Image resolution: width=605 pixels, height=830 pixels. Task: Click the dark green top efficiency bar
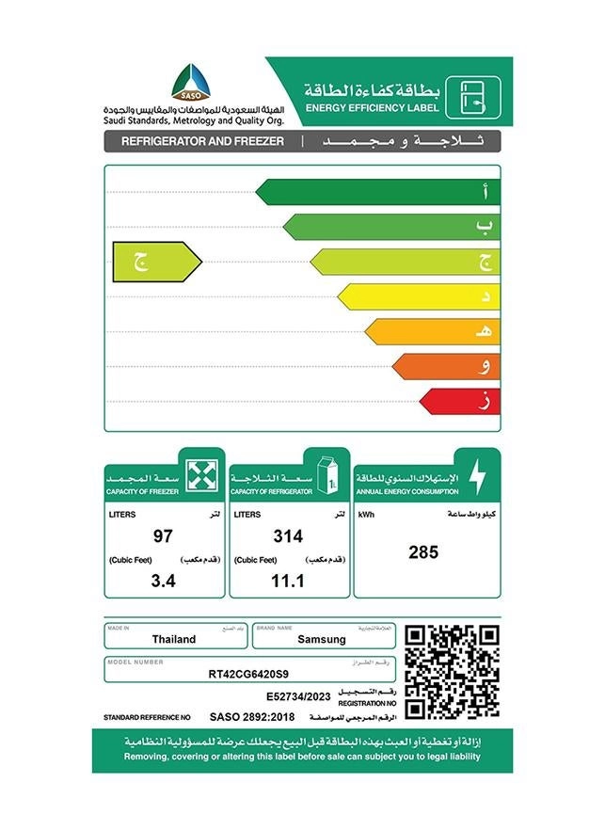pos(376,192)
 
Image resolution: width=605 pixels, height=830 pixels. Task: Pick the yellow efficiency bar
pos(418,296)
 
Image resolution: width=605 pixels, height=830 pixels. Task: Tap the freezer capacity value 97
pos(163,536)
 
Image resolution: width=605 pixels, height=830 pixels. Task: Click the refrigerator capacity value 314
pos(288,536)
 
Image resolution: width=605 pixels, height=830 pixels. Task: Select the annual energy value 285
pos(423,552)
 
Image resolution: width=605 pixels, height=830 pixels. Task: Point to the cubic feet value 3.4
pos(164,581)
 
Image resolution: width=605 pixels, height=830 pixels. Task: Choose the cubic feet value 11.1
pos(288,581)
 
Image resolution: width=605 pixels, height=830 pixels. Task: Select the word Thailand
pos(174,640)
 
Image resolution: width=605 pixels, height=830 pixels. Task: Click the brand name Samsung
pos(322,640)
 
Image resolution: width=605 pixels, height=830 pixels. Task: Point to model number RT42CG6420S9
pos(249,673)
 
